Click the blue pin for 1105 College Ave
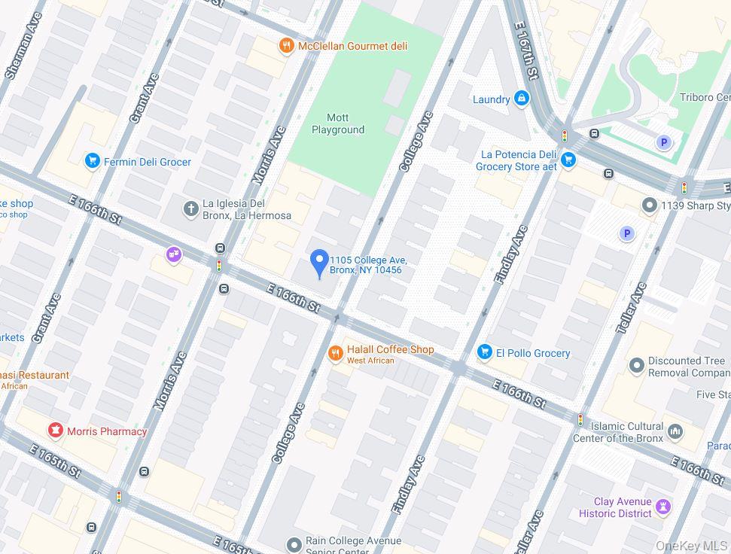coord(319,263)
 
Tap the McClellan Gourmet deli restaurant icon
coord(286,47)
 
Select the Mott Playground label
coord(338,124)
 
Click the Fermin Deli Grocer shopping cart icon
coord(93,162)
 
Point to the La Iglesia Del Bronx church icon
coord(191,209)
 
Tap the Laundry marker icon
coord(521,99)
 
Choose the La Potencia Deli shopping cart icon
coord(568,160)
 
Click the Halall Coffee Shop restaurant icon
coord(336,354)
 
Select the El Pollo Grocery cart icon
coord(485,352)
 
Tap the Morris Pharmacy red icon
coord(55,431)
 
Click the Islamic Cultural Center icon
coord(675,432)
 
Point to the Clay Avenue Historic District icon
coord(662,507)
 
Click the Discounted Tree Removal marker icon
coord(637,366)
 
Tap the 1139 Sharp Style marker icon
coord(650,205)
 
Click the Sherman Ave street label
coord(23,55)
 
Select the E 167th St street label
coord(526,50)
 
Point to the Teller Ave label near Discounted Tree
coord(632,309)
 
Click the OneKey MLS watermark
coord(690,545)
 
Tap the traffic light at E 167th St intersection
coord(565,136)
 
